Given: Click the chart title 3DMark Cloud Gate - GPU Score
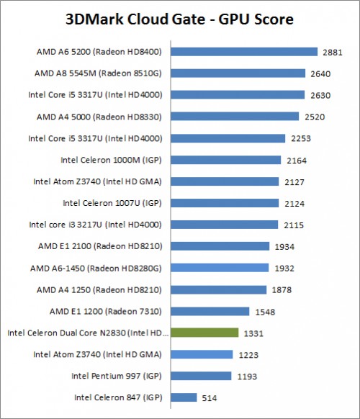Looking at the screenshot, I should (x=180, y=19).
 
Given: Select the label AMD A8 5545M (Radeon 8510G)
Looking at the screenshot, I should (x=99, y=73).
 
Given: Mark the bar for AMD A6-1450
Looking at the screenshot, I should (x=218, y=268).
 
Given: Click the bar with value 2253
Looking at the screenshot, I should (x=226, y=138).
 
